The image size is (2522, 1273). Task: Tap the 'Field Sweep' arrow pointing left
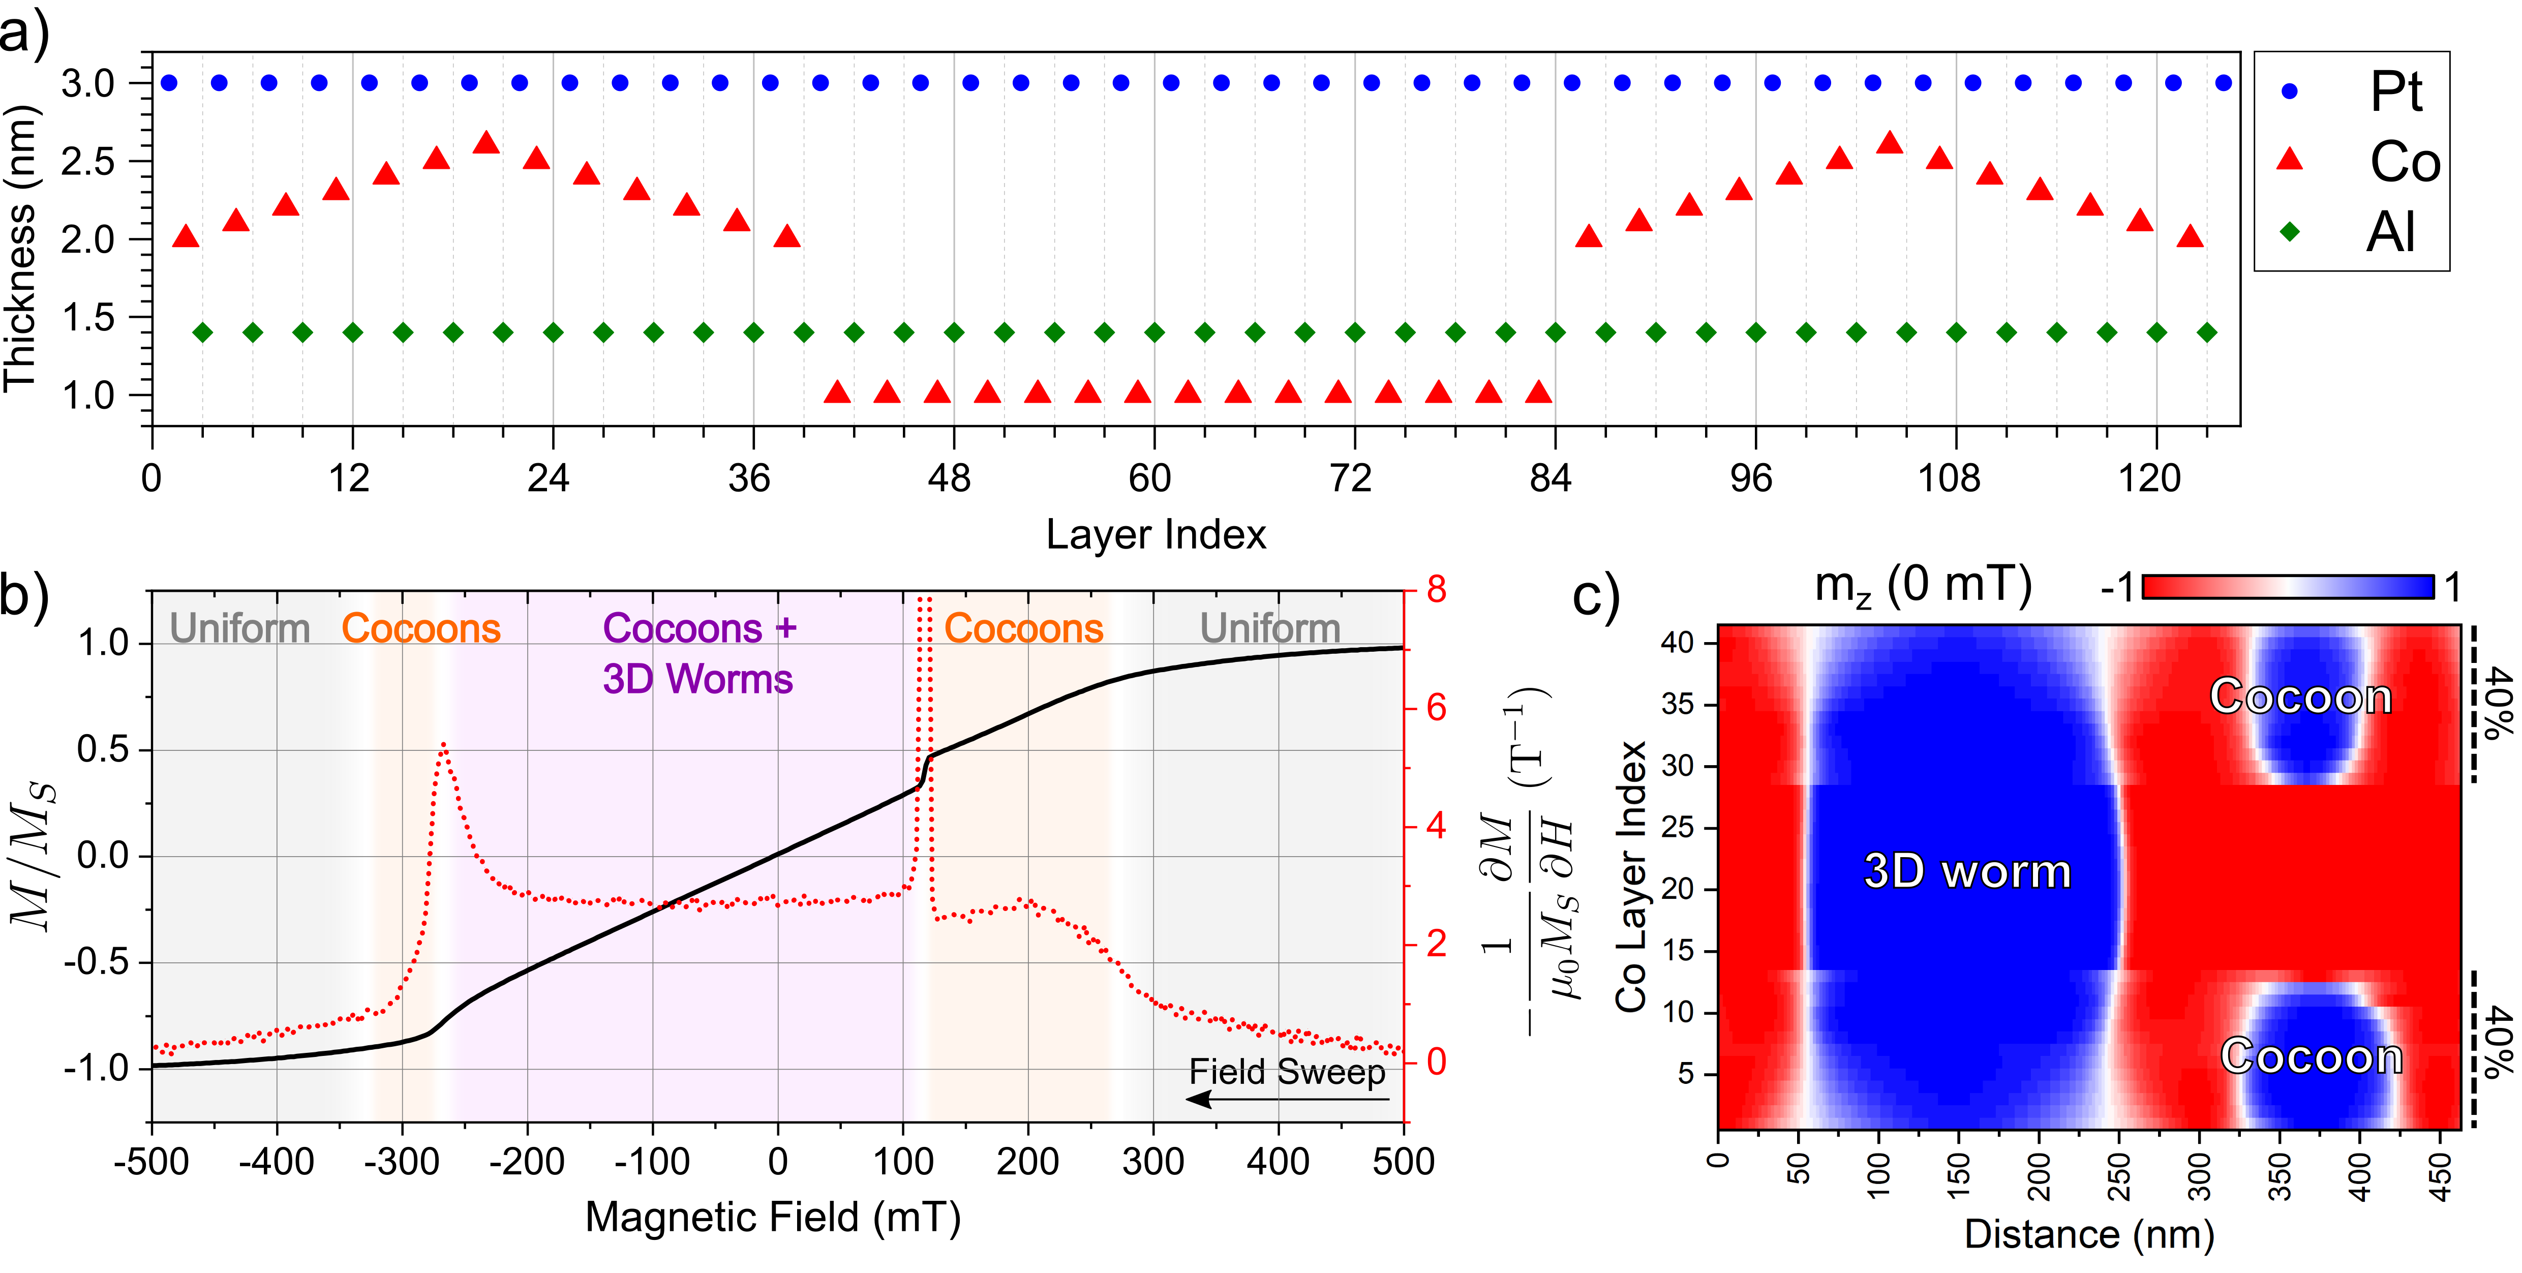point(1287,1099)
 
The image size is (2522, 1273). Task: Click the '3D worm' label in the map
point(1968,870)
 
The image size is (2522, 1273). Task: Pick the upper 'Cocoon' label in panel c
point(2301,696)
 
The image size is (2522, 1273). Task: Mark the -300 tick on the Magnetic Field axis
point(402,1161)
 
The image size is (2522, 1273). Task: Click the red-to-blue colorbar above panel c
point(2288,587)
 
